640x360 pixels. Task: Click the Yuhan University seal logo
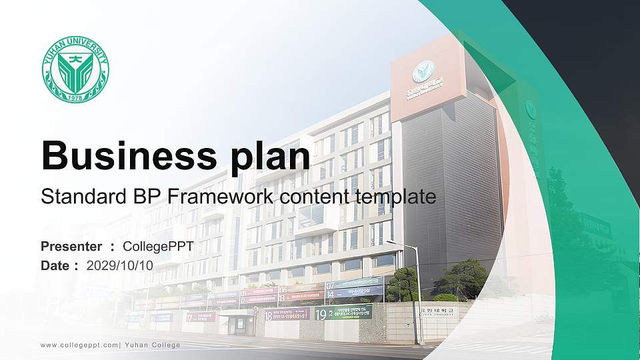pos(75,69)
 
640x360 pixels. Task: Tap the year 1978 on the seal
pos(75,97)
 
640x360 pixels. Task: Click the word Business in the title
pos(120,155)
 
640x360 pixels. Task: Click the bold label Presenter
pos(71,247)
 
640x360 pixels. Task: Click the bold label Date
pos(55,265)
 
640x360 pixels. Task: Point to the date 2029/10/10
pos(120,265)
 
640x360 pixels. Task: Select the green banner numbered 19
pos(343,313)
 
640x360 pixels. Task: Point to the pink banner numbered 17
pos(201,317)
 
